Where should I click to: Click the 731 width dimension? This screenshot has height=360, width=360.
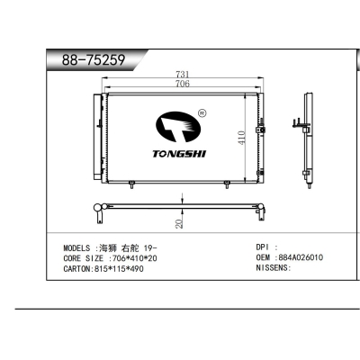tap(181, 73)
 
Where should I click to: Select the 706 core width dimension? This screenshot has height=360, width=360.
tap(181, 83)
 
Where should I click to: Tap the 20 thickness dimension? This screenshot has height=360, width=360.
tap(181, 221)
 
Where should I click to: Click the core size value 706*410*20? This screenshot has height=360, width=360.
tap(133, 257)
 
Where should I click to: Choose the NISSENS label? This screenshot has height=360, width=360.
tap(273, 268)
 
